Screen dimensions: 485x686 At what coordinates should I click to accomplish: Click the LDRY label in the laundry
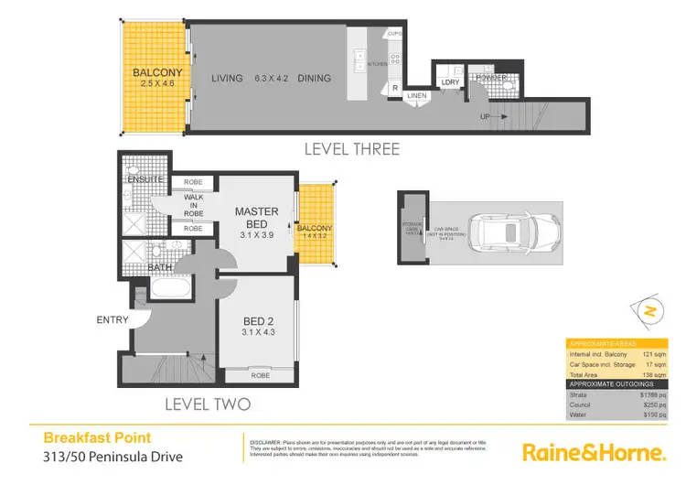click(450, 82)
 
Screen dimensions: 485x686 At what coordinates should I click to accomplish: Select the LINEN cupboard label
click(416, 95)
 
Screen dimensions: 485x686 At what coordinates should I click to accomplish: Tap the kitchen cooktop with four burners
click(396, 59)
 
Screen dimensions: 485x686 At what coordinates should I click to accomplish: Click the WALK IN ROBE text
click(194, 204)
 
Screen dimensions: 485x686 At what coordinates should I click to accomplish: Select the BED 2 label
click(256, 320)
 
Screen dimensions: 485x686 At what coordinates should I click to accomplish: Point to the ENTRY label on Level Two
click(111, 319)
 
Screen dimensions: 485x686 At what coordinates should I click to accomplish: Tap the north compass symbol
click(648, 311)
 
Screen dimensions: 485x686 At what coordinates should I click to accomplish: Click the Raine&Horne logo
click(592, 451)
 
